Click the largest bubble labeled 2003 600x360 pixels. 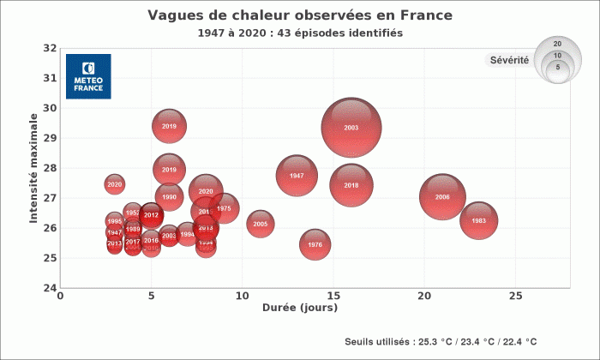point(351,128)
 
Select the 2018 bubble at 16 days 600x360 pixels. point(351,185)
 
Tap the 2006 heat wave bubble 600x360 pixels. point(442,197)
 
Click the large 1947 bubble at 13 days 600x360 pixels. point(297,176)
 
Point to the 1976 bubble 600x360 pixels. point(315,245)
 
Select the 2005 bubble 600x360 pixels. point(261,225)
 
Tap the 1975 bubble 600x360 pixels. point(224,208)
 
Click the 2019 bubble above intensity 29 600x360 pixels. point(170,127)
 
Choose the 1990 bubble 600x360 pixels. point(170,197)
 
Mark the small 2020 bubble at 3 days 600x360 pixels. point(115,184)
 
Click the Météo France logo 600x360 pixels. point(88,76)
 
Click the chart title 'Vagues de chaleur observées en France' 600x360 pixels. point(299,16)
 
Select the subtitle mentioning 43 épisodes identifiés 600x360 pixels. point(299,33)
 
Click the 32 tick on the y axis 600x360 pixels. point(51,48)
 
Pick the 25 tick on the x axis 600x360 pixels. point(515,296)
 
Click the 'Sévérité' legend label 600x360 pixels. point(508,60)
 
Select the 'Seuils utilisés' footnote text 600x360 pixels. point(441,341)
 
